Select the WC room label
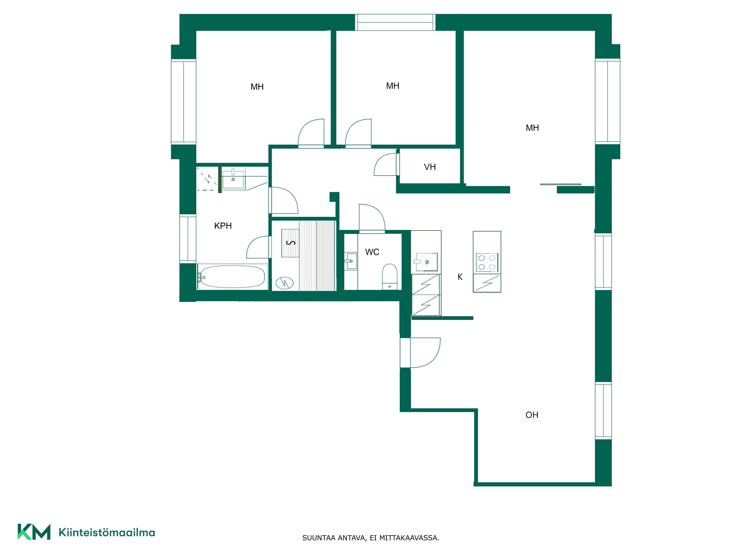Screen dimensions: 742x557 pos(372,252)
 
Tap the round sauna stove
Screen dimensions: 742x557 pos(284,283)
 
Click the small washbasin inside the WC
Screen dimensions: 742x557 pos(351,261)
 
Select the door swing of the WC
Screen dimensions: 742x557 pos(372,218)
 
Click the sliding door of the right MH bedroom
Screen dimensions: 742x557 pos(561,184)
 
